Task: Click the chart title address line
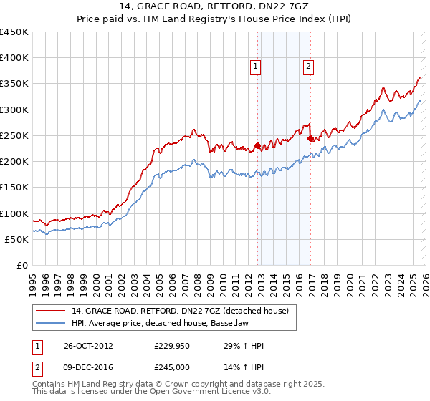pos(215,6)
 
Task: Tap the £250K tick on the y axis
pos(14,135)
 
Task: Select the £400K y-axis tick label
pos(14,58)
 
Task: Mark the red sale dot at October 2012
pos(257,146)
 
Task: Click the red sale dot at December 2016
pos(310,138)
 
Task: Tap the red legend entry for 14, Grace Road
pos(179,311)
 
